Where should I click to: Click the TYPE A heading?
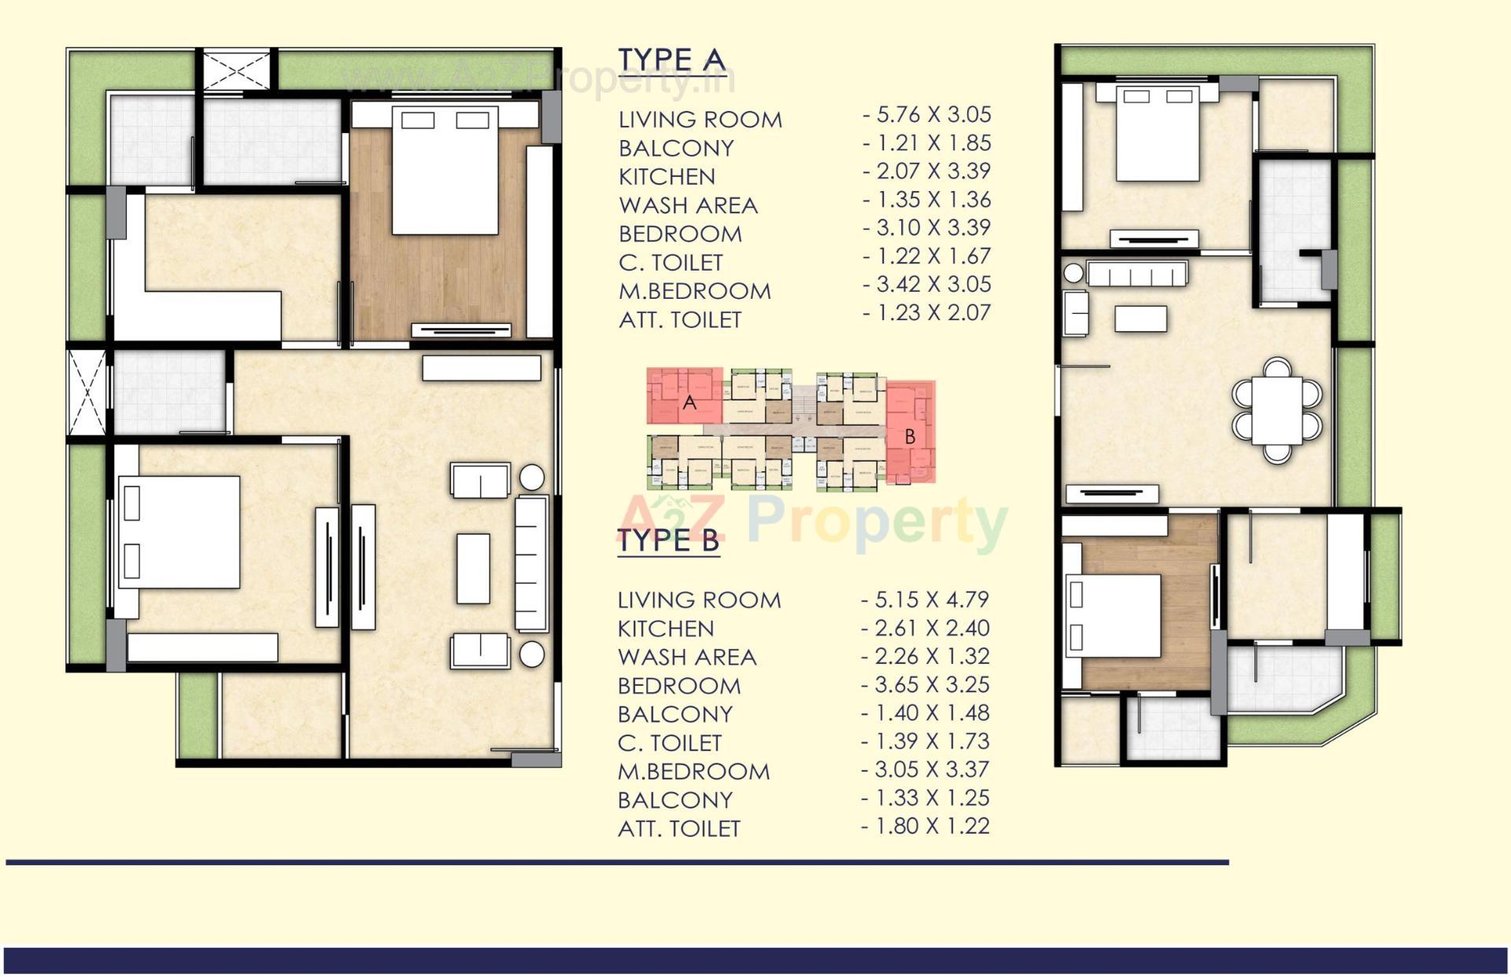click(x=671, y=60)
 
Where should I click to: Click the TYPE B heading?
click(x=668, y=541)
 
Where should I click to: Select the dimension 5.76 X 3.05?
click(x=927, y=115)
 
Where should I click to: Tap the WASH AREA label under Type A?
click(x=688, y=205)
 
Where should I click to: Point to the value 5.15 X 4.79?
click(x=925, y=599)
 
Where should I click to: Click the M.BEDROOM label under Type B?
click(x=693, y=771)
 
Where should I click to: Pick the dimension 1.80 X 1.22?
click(x=925, y=826)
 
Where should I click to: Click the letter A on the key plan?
click(x=689, y=403)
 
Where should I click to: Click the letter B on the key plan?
click(x=910, y=437)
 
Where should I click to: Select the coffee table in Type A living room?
click(x=473, y=569)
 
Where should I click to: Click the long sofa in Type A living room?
click(x=531, y=563)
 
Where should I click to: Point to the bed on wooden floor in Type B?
click(x=1113, y=615)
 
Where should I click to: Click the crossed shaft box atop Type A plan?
click(x=236, y=68)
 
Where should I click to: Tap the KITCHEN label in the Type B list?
click(x=666, y=629)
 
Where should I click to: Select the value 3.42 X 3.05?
click(x=927, y=284)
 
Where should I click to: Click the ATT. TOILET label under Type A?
click(x=680, y=320)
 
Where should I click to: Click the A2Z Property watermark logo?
click(x=811, y=519)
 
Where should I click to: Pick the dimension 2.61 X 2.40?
click(x=925, y=628)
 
